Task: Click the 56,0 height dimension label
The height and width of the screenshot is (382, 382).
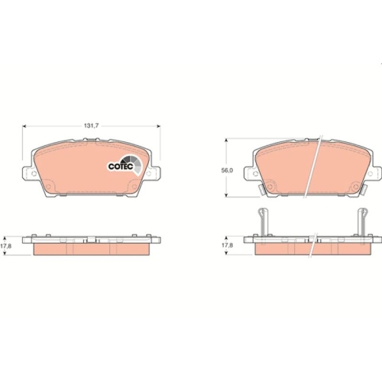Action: [x=227, y=170]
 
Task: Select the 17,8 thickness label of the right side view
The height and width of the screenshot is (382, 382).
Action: [x=227, y=245]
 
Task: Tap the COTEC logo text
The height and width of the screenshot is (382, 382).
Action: [x=121, y=167]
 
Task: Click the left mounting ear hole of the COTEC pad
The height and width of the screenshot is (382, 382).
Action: [x=34, y=173]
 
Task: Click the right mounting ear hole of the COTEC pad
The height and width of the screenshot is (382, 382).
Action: [x=149, y=173]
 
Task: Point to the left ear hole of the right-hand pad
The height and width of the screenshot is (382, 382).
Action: [x=255, y=173]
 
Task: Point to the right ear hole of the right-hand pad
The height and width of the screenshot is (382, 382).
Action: [x=371, y=173]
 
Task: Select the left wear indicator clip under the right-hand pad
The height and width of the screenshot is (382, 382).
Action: [x=261, y=189]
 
